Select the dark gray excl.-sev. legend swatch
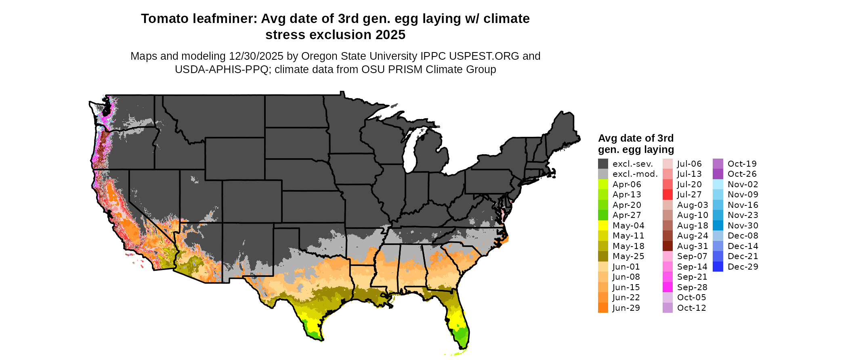point(603,164)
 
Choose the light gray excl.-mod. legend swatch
point(603,174)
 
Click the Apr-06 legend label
point(627,184)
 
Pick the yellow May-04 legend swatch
point(603,226)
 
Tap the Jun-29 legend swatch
point(603,308)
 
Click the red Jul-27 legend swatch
point(667,195)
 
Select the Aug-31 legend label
point(693,246)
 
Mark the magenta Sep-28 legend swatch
point(667,287)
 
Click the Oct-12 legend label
point(692,308)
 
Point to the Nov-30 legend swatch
point(718,226)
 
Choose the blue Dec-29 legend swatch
point(718,267)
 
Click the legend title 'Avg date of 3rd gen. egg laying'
point(636,144)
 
